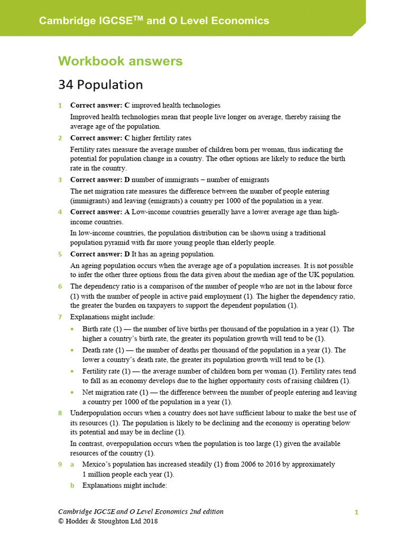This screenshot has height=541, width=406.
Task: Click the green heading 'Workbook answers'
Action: pyautogui.click(x=121, y=61)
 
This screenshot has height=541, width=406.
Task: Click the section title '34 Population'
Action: pyautogui.click(x=100, y=85)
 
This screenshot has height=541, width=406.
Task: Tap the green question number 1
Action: pyautogui.click(x=60, y=106)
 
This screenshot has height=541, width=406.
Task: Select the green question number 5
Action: pyautogui.click(x=60, y=255)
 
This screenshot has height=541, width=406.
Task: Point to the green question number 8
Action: pyautogui.click(x=60, y=413)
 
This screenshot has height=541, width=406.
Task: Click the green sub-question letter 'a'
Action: pyautogui.click(x=73, y=464)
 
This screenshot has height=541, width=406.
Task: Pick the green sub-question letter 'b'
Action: pyautogui.click(x=73, y=485)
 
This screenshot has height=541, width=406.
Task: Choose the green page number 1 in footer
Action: pyautogui.click(x=357, y=512)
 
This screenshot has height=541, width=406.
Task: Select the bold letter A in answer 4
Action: pyautogui.click(x=127, y=212)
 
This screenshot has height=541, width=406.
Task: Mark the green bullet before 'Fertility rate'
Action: pyautogui.click(x=72, y=371)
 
